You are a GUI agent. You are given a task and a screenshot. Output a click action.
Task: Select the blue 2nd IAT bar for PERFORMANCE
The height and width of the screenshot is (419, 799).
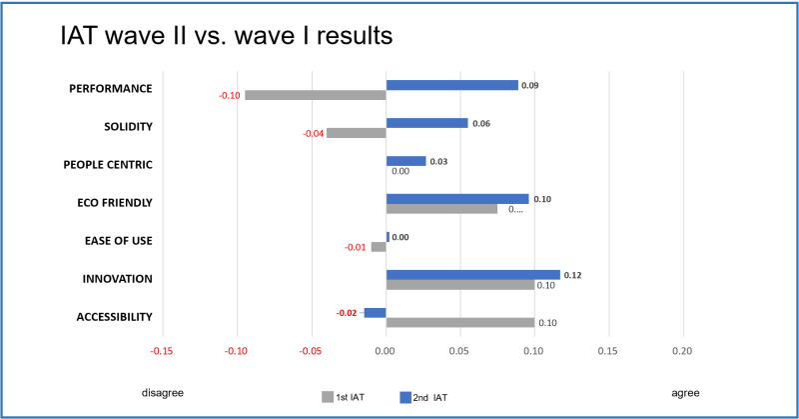pos(451,85)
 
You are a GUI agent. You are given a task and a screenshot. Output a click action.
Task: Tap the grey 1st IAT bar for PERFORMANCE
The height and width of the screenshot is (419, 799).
pos(315,95)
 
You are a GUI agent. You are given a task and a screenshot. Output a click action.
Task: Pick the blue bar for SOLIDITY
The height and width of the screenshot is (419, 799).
pos(426,123)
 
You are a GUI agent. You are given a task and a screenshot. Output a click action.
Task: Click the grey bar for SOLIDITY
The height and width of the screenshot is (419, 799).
pos(356,133)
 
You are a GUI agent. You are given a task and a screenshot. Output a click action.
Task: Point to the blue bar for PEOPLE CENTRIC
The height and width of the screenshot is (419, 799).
pos(405,161)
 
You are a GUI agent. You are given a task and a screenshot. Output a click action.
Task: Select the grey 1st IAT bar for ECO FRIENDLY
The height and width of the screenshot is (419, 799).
pos(441,209)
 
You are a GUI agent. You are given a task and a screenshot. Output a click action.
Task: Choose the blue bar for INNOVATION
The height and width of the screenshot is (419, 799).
pos(472,275)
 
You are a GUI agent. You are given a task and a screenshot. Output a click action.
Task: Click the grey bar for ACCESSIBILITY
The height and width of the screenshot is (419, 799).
pos(459,323)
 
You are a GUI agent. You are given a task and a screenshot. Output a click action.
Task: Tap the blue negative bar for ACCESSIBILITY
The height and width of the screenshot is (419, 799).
pos(375,313)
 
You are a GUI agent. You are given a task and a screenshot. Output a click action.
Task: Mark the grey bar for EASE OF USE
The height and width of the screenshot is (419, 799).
pos(378,247)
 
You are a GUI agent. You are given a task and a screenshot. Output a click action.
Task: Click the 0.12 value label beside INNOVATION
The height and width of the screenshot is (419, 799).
pos(572,275)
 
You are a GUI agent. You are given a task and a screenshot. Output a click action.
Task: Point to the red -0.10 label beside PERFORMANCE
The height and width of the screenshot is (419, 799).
pos(229,96)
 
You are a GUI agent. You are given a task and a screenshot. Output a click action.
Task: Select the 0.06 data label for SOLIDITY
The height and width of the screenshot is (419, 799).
pos(480,123)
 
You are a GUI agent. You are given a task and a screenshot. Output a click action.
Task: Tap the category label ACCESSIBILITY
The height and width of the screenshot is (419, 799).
pos(114,317)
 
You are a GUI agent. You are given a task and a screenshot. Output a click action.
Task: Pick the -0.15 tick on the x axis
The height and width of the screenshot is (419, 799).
pos(161,351)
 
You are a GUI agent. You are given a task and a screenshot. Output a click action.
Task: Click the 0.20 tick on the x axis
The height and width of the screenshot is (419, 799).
pos(682,351)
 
